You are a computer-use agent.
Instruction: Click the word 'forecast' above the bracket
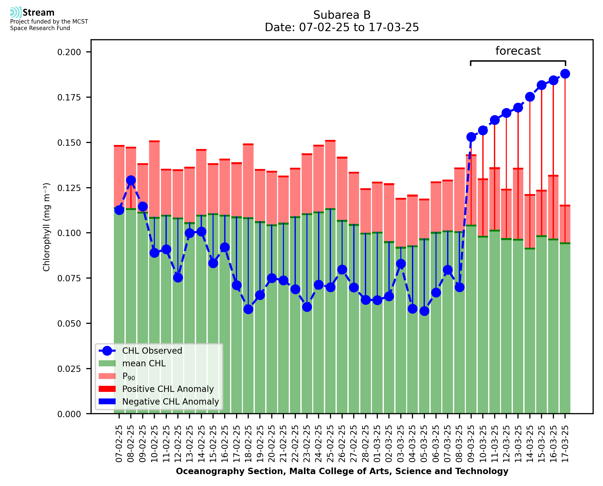[518, 51]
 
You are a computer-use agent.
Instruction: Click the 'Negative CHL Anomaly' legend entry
[171, 402]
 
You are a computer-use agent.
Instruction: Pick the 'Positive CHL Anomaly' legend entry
[168, 389]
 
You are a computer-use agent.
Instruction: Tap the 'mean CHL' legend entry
[144, 363]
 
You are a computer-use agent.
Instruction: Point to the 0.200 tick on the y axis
[69, 52]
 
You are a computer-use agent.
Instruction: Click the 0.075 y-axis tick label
[69, 278]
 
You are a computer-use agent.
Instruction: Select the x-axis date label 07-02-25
[119, 444]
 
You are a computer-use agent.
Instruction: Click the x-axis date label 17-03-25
[565, 444]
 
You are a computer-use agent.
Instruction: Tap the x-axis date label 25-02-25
[330, 444]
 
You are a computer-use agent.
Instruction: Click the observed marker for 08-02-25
[131, 180]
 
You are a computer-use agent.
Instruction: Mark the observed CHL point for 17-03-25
[565, 74]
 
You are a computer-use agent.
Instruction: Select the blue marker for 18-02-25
[248, 309]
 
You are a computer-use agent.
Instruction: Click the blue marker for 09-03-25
[471, 137]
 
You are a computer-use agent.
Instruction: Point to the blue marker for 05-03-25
[424, 311]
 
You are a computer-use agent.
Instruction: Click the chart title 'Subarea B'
[342, 15]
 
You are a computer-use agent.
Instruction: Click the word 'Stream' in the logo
[38, 13]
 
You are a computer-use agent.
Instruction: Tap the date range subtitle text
[342, 27]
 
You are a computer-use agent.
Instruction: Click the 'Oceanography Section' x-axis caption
[342, 471]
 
